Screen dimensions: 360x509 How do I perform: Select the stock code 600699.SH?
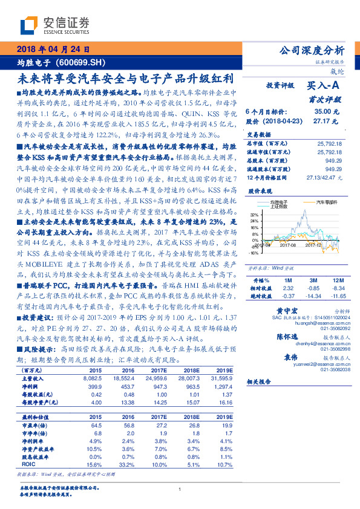(x=84, y=62)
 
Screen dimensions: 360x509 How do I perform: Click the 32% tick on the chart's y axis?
(x=255, y=215)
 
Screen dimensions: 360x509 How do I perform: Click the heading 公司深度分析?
(x=310, y=51)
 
